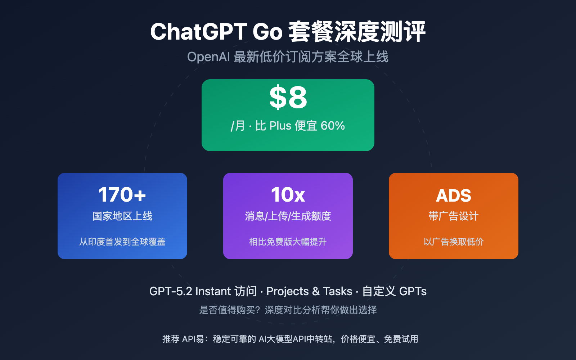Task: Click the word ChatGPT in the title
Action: click(198, 32)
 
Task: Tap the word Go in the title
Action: click(267, 32)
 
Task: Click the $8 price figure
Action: click(288, 98)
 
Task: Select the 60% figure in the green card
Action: click(333, 126)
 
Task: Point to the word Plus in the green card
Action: click(280, 126)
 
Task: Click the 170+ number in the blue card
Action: click(122, 195)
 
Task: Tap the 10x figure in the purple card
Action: click(288, 195)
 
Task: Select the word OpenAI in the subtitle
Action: click(208, 57)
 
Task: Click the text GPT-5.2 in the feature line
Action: click(171, 291)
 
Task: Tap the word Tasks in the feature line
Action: click(338, 291)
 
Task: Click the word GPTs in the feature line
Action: click(413, 291)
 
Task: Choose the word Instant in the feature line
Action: click(213, 291)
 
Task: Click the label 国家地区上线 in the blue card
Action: click(122, 216)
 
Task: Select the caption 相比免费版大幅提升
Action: click(288, 242)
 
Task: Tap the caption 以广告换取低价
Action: click(454, 242)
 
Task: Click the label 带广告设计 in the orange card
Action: click(454, 216)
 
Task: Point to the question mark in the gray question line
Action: click(260, 310)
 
